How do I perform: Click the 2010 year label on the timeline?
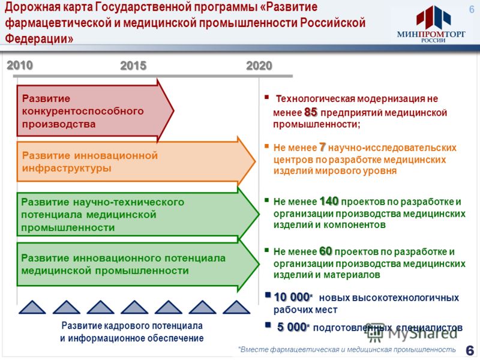point(20,65)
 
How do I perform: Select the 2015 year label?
point(133,65)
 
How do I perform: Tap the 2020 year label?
point(259,65)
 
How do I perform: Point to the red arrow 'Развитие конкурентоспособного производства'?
point(95,110)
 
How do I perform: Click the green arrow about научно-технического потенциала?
point(138,214)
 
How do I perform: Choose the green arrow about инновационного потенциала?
point(138,264)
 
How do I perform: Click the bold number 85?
point(311,112)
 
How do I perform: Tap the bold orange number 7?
point(322,147)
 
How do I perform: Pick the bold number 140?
point(329,201)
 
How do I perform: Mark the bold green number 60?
point(326,251)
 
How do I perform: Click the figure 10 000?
point(292,297)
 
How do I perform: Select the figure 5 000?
point(292,327)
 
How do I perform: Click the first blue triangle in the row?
point(32,307)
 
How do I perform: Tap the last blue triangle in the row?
point(236,307)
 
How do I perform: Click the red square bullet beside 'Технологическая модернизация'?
point(266,97)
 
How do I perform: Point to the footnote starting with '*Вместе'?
point(347,349)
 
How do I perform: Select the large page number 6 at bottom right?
point(470,350)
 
